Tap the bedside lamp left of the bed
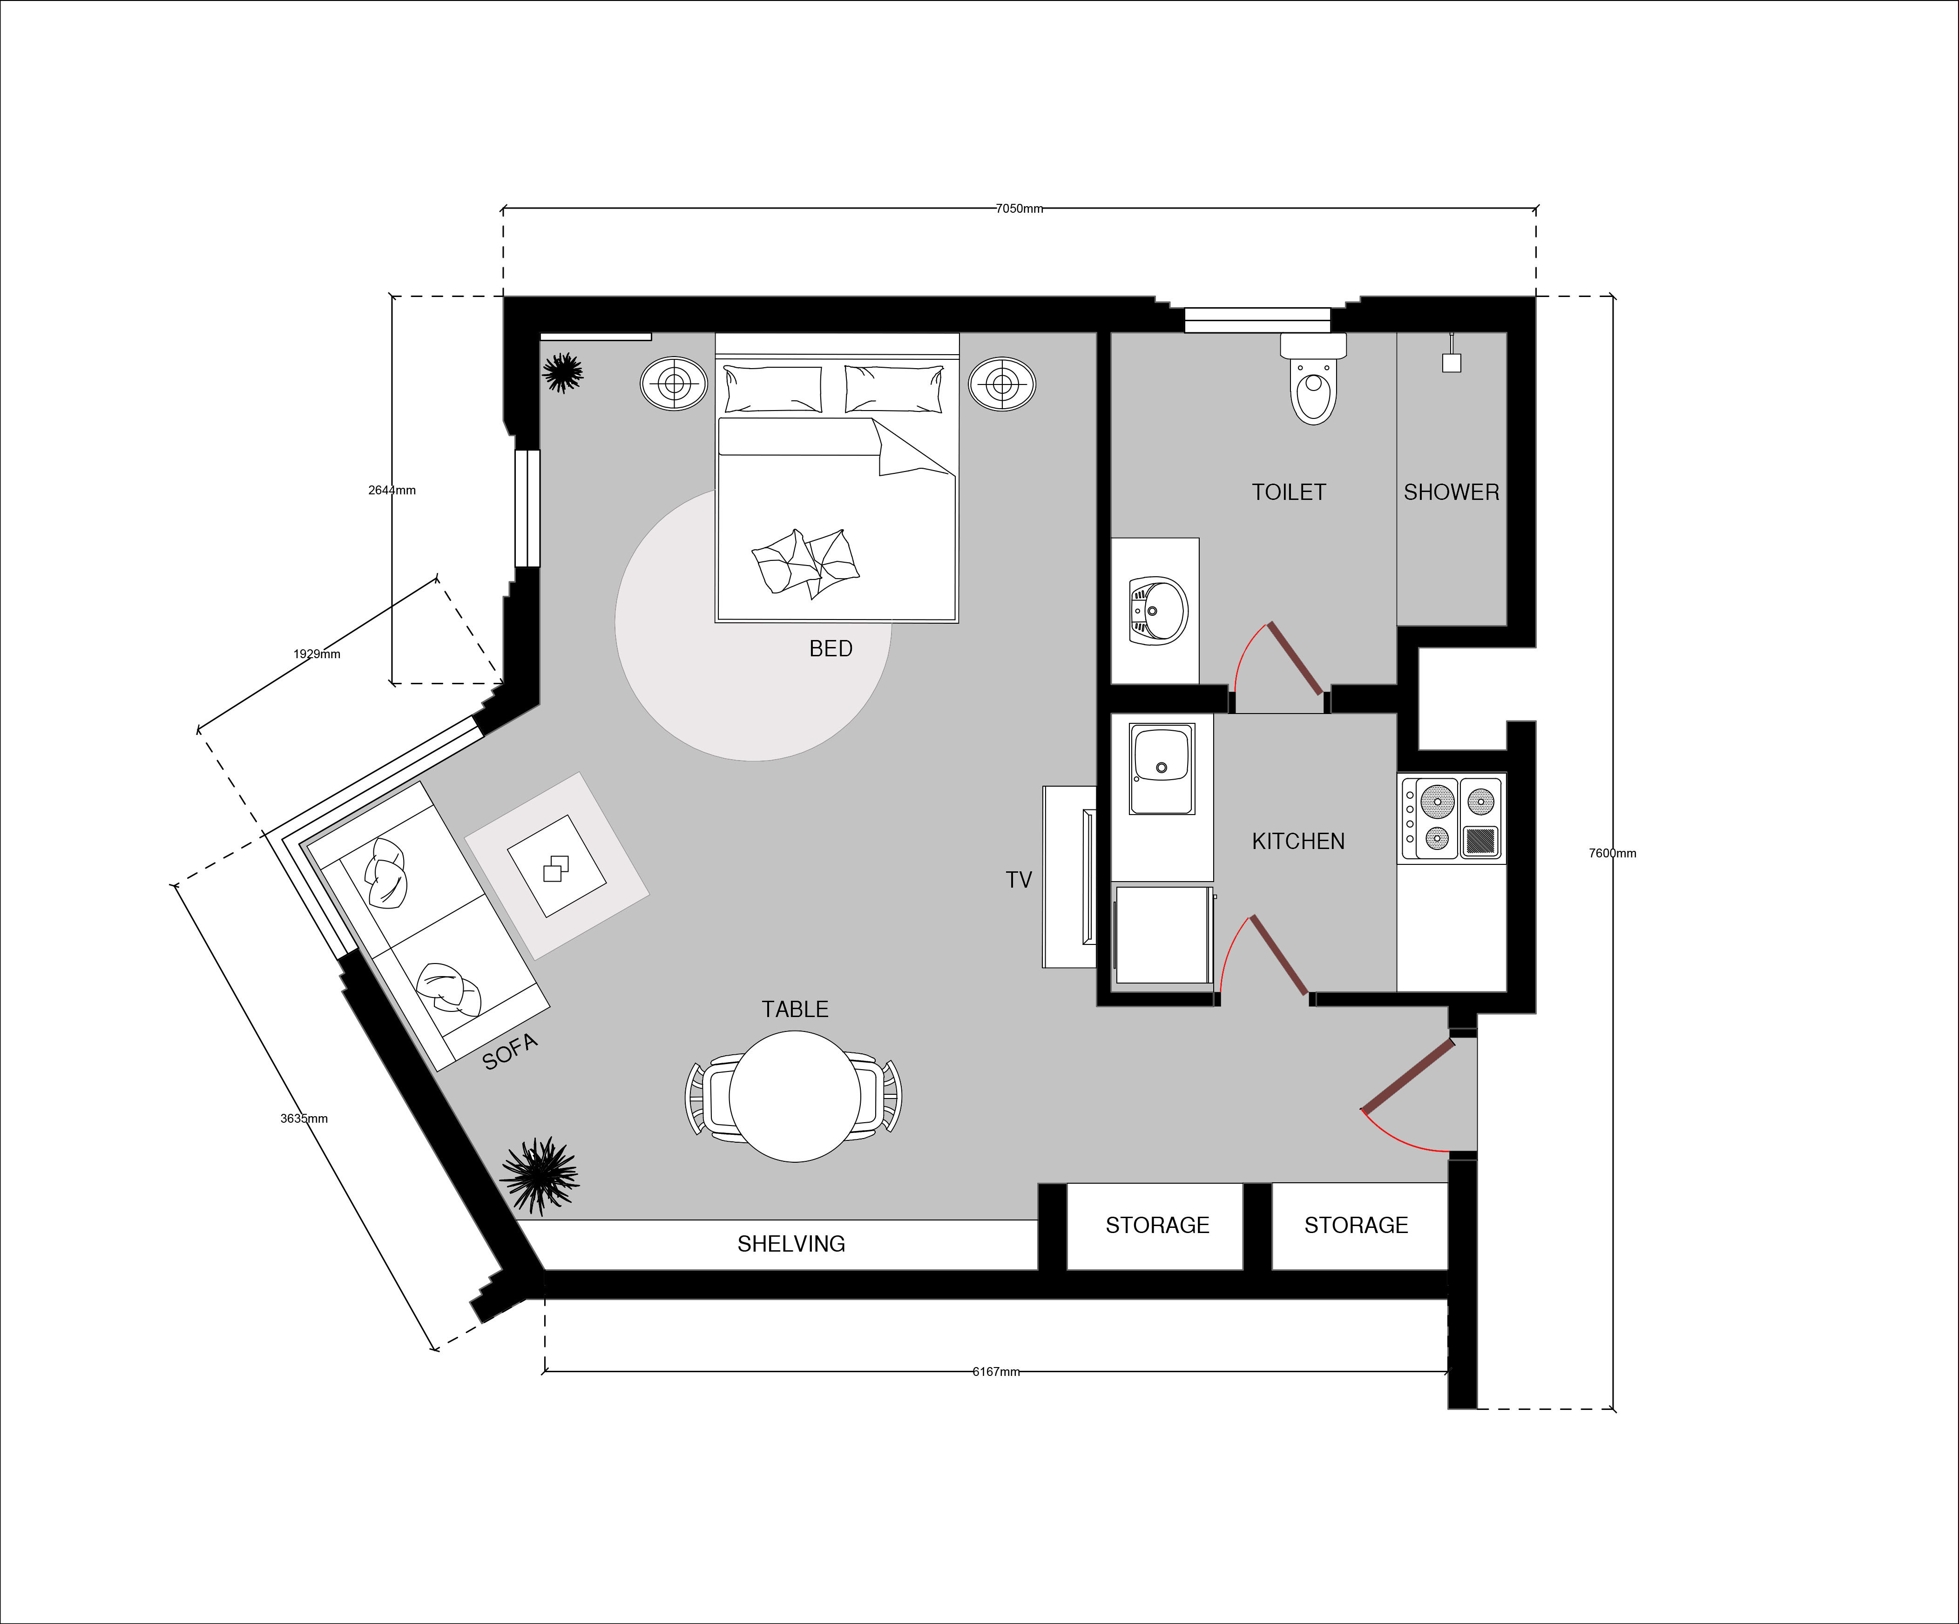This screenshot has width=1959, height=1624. click(674, 384)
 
